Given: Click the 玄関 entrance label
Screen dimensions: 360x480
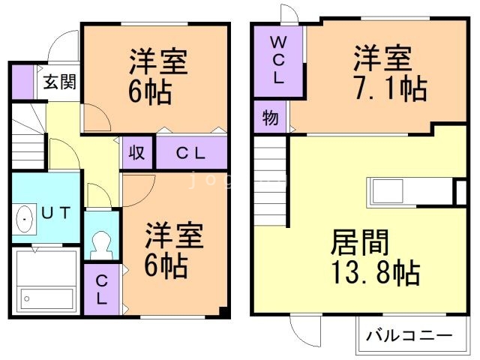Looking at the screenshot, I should pos(58,82).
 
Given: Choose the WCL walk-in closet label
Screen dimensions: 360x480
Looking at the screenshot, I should pos(277,60).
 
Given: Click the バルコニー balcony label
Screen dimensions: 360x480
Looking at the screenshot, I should pos(408,335).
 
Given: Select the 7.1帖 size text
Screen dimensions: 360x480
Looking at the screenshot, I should pos(389,89).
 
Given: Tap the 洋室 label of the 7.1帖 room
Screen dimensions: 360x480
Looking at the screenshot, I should pos(382,58).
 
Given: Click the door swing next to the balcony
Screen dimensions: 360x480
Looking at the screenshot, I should pos(304,329).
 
